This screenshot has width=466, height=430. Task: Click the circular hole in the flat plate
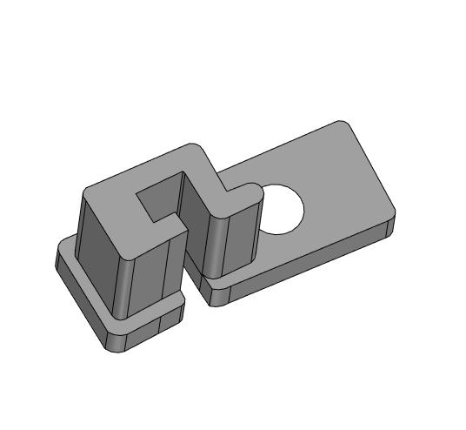(x=280, y=210)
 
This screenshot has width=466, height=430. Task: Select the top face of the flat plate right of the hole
(x=343, y=188)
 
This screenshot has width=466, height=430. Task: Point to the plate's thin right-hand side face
(x=391, y=227)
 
